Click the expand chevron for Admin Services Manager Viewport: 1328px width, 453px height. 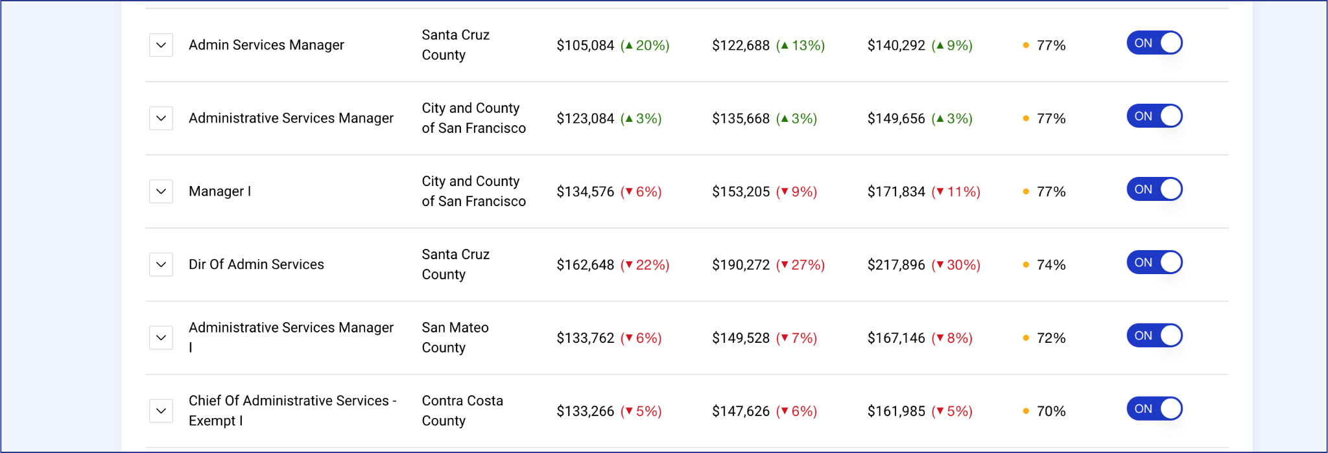161,45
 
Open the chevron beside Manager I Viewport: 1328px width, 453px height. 161,192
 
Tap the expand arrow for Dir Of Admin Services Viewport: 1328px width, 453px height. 161,265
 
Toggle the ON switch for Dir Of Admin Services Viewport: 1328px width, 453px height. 1154,262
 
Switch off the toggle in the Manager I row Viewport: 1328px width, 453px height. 1154,189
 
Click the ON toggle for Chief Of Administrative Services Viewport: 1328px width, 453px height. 1154,409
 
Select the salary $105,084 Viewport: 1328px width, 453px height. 585,45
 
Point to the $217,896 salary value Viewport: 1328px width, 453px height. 896,265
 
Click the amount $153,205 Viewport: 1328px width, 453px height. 741,192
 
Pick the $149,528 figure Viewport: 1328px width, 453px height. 741,338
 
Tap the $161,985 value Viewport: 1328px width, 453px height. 896,412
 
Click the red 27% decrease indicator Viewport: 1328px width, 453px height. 800,265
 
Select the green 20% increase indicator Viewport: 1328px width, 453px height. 645,45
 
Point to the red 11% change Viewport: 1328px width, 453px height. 956,192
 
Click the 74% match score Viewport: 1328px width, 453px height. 1051,265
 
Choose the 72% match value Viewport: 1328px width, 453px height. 1051,338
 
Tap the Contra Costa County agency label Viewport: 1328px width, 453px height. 462,411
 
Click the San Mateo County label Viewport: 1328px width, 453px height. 455,338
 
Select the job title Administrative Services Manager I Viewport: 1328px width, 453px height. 291,338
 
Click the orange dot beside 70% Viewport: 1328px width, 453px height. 1026,412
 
